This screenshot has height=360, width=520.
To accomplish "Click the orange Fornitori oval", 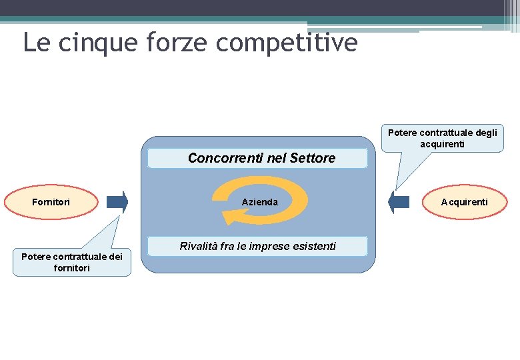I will [x=52, y=201].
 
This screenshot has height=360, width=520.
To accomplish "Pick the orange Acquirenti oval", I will [x=464, y=201].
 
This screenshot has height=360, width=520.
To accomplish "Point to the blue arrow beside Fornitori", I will [x=117, y=202].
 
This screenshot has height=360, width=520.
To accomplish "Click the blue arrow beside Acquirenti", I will [x=399, y=202].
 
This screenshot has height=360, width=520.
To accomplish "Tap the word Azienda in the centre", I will [x=260, y=202].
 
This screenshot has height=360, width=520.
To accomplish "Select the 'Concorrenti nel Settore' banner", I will [x=257, y=159].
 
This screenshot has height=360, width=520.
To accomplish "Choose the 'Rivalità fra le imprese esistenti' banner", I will [x=257, y=247].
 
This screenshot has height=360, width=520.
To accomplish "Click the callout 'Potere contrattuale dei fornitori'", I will [x=72, y=262].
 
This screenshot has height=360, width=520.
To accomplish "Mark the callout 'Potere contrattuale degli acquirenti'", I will [x=442, y=138].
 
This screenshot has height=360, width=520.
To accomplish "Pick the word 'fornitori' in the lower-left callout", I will [x=72, y=268].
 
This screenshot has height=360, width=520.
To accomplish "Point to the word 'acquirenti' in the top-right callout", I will [x=442, y=144].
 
